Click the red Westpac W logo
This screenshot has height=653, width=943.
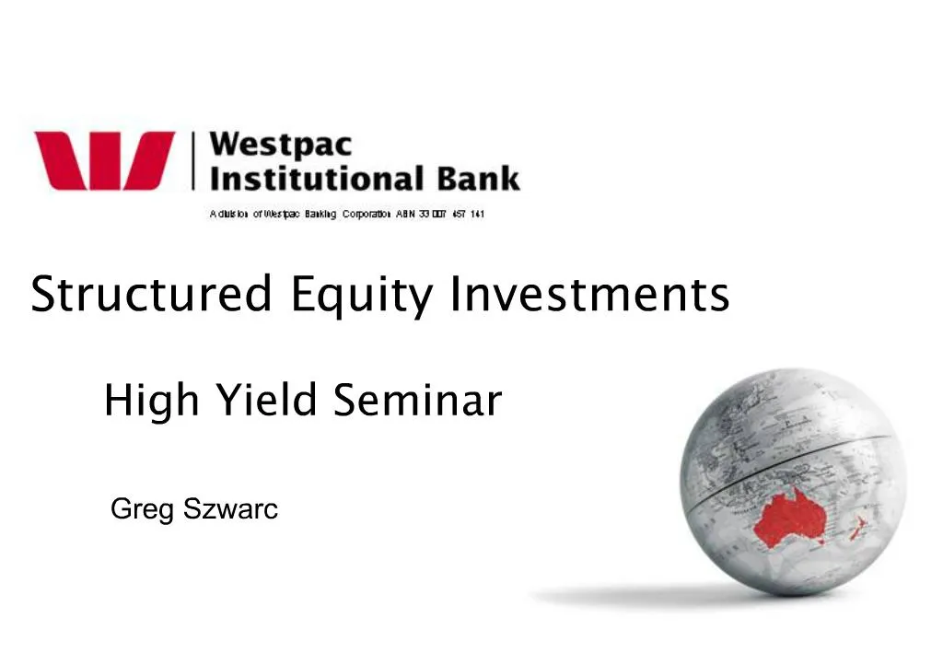click(104, 160)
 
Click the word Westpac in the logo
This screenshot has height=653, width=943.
click(280, 146)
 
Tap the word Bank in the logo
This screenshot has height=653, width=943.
click(479, 177)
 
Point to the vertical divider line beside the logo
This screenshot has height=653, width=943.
click(193, 160)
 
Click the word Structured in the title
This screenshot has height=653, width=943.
click(151, 295)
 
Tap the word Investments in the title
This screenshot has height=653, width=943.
click(589, 295)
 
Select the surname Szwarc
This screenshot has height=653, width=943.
click(230, 508)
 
